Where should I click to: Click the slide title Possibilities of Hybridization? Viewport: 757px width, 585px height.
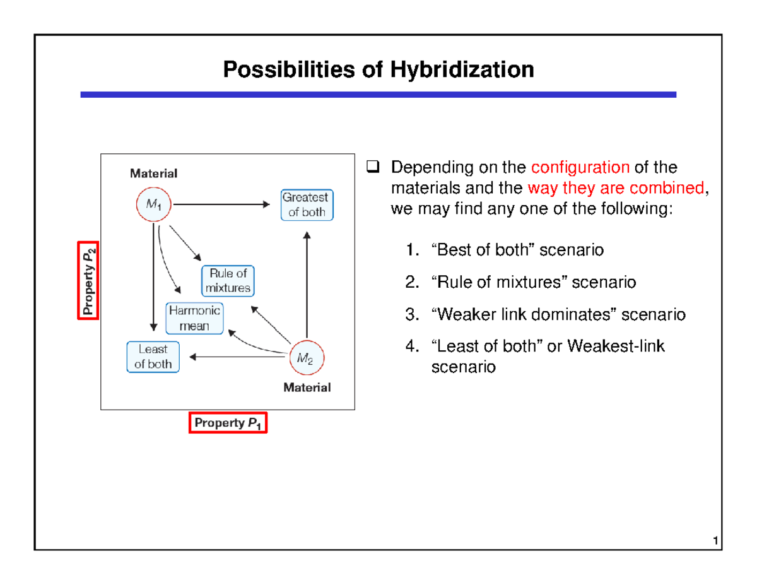378,69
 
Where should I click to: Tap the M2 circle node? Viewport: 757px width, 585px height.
306,358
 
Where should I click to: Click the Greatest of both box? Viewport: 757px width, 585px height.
307,205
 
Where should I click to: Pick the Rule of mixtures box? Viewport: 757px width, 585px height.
227,281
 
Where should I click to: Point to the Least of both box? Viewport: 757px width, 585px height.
152,357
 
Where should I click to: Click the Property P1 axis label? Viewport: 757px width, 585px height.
227,423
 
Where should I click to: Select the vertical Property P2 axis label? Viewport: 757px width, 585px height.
88,281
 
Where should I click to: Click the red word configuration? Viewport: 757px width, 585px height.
580,168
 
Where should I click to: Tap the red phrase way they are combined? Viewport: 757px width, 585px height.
638,188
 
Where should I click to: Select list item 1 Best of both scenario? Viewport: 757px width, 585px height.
517,250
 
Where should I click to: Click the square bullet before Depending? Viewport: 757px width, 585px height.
372,168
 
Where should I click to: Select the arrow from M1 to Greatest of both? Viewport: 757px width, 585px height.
221,204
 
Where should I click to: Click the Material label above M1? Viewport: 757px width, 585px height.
153,172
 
